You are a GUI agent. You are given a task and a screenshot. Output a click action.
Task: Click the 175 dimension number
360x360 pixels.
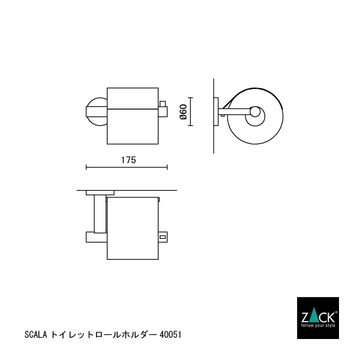click(128, 160)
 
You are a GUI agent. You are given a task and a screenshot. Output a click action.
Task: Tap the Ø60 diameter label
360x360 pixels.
click(184, 112)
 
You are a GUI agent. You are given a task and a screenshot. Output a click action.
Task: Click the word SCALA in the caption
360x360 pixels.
click(35, 335)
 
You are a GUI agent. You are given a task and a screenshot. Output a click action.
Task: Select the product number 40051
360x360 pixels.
click(170, 335)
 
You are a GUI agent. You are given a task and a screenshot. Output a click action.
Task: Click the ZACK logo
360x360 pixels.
click(318, 318)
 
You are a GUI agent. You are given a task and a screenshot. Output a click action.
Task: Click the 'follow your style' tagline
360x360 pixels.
click(318, 326)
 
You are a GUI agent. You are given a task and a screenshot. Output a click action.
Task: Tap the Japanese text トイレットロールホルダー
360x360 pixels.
click(103, 335)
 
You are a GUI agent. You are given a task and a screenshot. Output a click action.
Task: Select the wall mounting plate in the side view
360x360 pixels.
click(216, 112)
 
